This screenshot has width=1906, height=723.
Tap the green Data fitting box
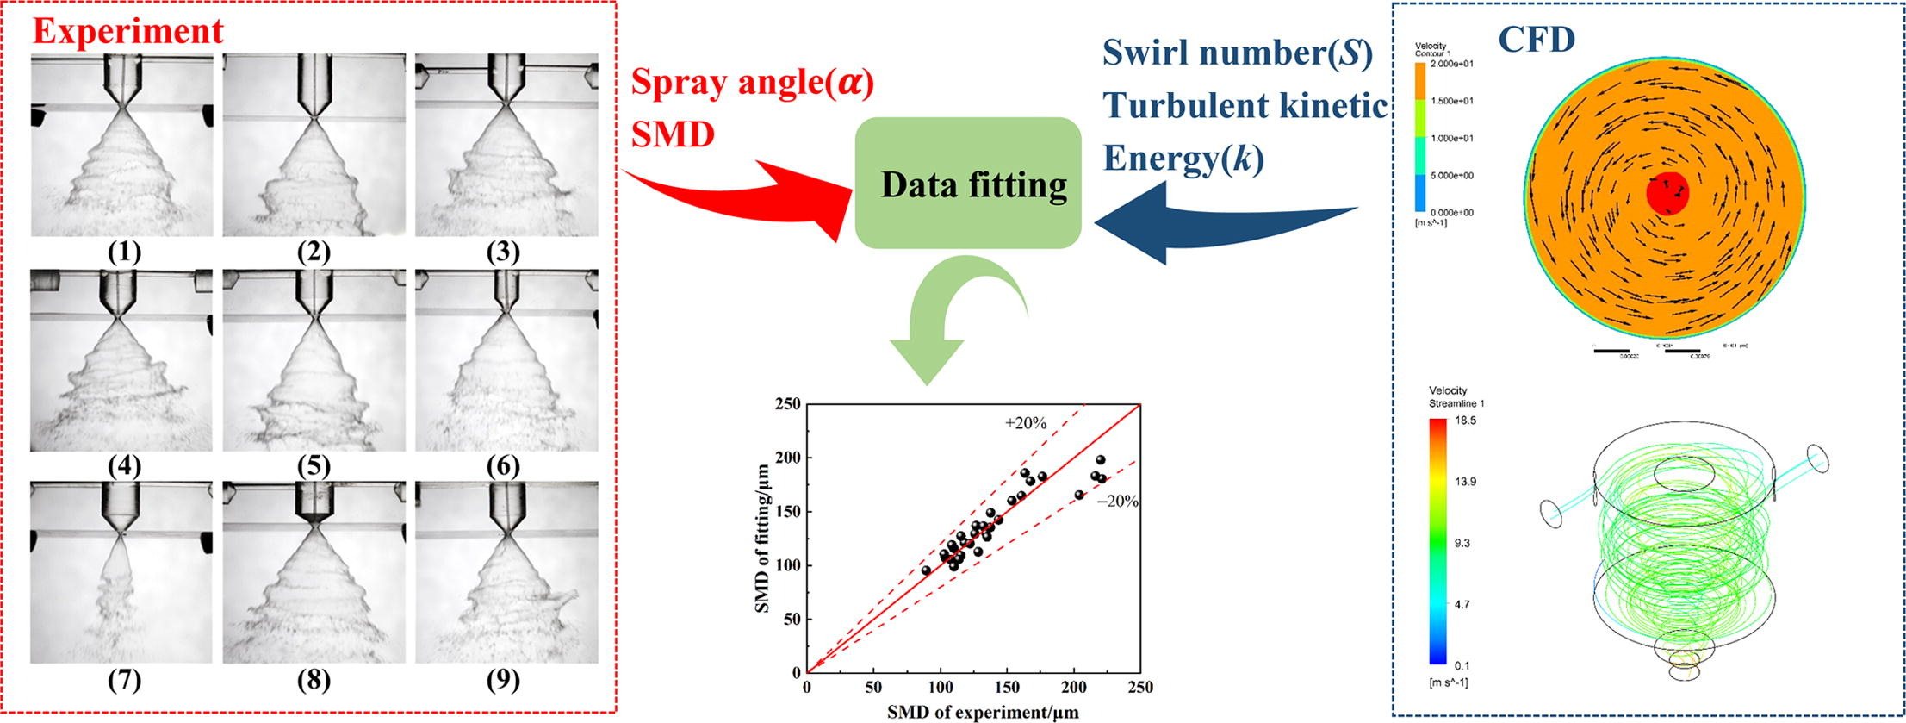point(967,183)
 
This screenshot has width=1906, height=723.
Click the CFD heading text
point(1537,40)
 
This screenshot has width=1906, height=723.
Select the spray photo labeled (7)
point(121,572)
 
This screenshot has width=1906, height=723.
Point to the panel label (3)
point(503,252)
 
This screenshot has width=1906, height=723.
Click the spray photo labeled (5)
point(314,360)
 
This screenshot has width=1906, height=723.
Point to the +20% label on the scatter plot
point(1025,423)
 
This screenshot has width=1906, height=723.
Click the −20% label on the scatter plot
point(1118,501)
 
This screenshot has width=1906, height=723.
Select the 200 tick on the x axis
point(1073,687)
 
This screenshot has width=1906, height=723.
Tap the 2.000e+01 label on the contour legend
point(1450,64)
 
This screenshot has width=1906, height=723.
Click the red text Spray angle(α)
point(753,83)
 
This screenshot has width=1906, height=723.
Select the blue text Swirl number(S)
point(1238,53)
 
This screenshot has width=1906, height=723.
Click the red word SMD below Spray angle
point(673,134)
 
